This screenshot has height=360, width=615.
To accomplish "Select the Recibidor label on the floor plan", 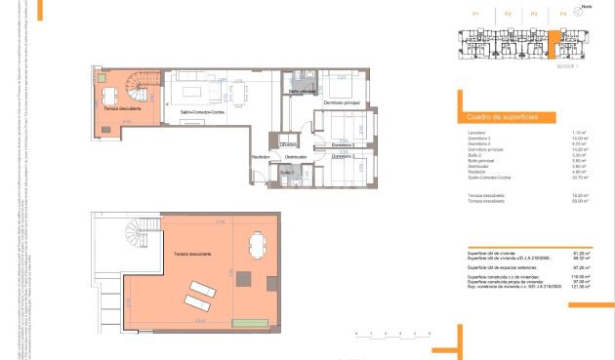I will (x=261, y=157).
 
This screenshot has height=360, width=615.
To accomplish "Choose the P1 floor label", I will (x=475, y=15).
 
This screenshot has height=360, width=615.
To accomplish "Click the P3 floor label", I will (x=534, y=15).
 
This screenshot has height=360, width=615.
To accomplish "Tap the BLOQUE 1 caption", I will (x=567, y=66).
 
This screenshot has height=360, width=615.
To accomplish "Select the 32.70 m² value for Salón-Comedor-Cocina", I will (x=579, y=179).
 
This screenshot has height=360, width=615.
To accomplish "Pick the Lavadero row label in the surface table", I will (x=476, y=132).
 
